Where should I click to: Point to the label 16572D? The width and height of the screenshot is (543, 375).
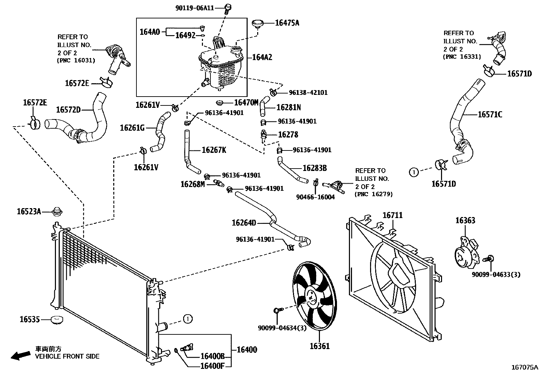pos(68,110)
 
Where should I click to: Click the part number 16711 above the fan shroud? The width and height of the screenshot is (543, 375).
pos(392,215)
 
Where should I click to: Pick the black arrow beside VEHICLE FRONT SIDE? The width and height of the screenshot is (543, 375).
pos(20,356)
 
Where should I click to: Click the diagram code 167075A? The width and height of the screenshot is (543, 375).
pos(525,367)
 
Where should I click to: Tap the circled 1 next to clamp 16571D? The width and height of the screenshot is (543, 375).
pos(414,172)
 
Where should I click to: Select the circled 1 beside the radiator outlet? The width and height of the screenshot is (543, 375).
pos(188,319)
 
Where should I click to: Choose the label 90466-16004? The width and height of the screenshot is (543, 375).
pos(315,197)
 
